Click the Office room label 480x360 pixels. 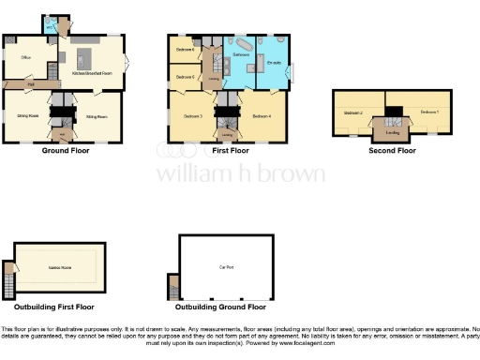[26, 57]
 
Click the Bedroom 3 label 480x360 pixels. [192, 115]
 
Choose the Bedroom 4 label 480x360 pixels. [262, 115]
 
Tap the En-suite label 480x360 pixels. [274, 62]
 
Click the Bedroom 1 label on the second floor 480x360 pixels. [429, 112]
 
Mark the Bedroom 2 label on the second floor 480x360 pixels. [352, 112]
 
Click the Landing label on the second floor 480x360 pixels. [391, 131]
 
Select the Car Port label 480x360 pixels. [226, 268]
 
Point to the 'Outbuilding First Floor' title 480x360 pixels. [53, 307]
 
